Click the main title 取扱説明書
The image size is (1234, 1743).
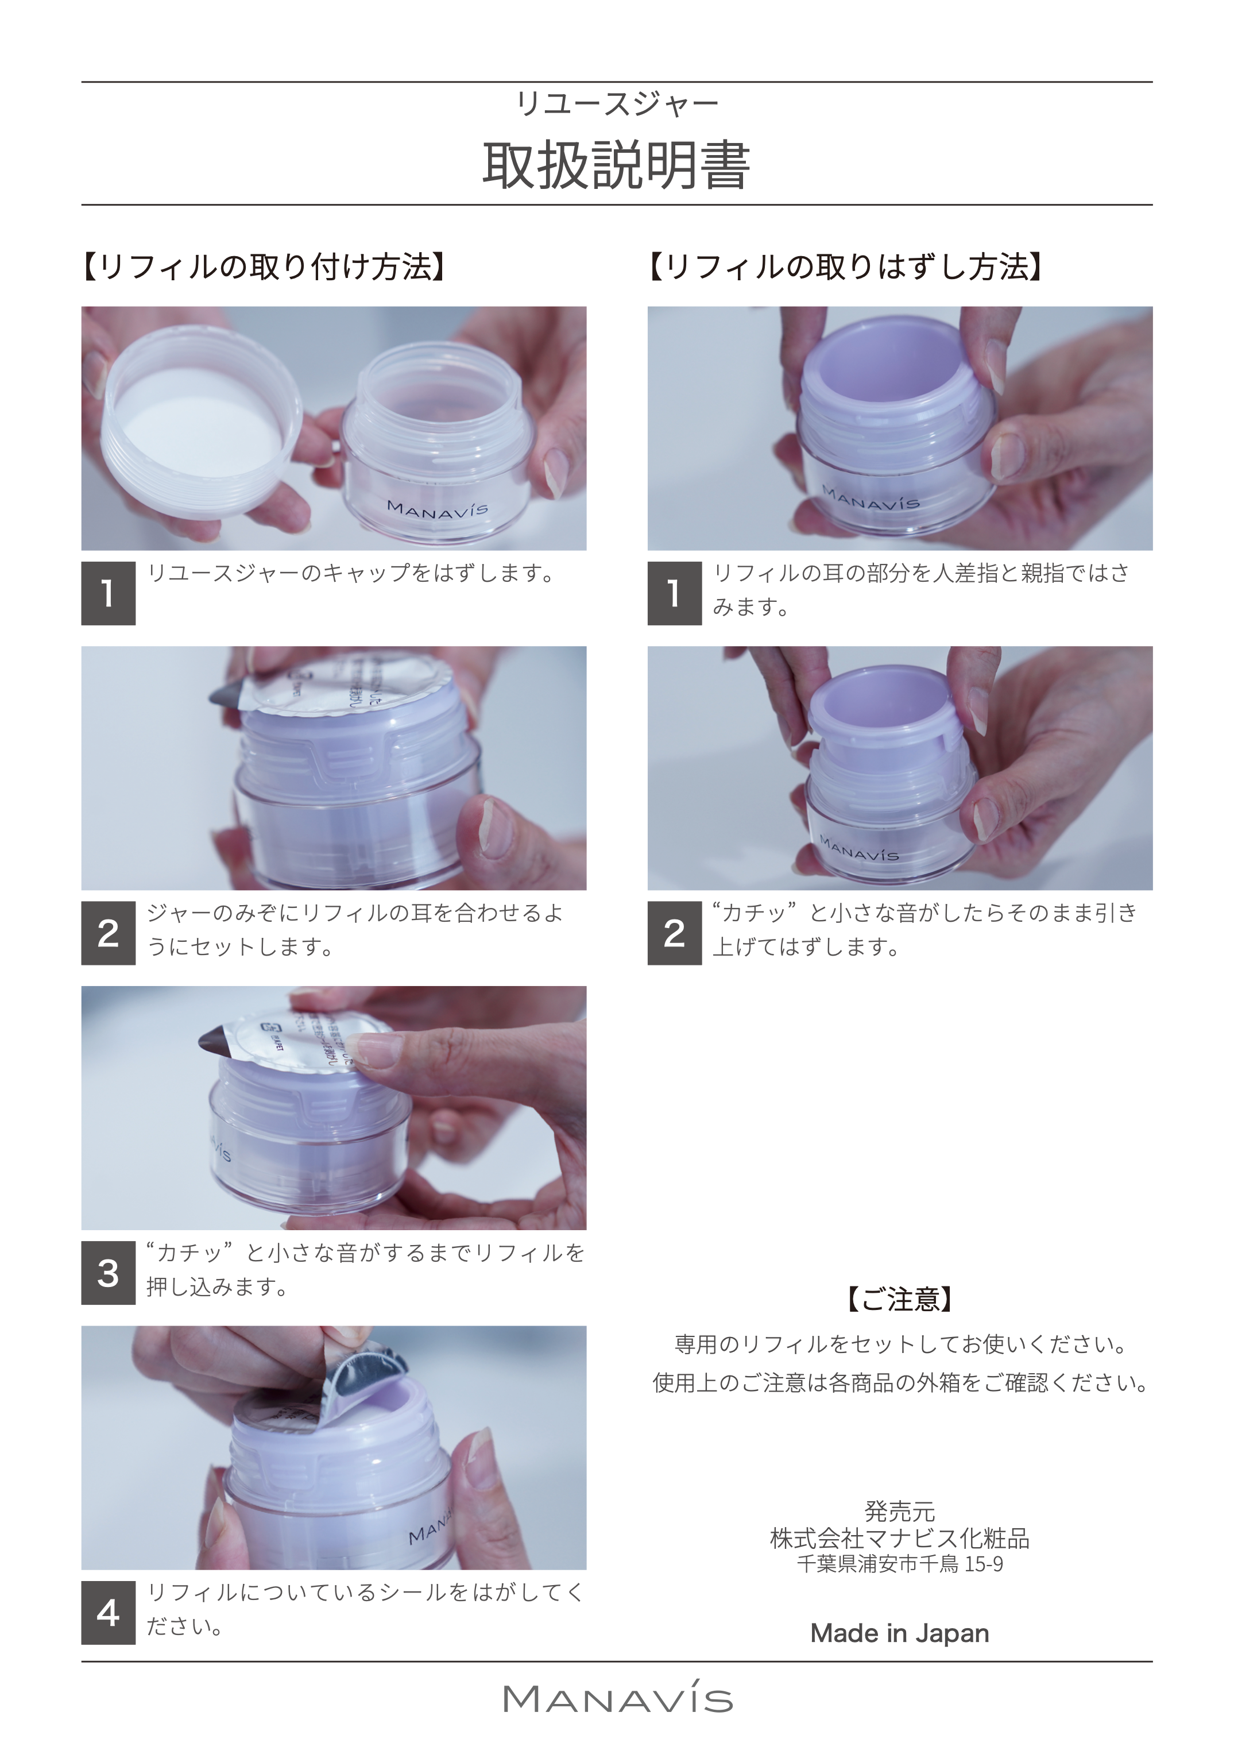[616, 165]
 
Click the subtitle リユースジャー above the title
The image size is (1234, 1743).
[616, 104]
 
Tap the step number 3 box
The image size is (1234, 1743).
[108, 1273]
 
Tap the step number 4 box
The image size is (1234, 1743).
[108, 1612]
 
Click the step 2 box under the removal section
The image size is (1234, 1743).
[674, 933]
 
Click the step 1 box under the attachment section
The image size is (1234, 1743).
[108, 593]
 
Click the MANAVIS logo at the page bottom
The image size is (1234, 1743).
[617, 1700]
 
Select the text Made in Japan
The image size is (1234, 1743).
[900, 1633]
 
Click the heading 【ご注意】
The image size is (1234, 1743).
[900, 1299]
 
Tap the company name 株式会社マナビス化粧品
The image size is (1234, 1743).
[900, 1539]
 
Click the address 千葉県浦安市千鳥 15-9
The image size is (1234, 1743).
[900, 1564]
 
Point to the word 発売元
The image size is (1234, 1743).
[900, 1512]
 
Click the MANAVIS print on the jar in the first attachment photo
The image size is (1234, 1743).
[438, 509]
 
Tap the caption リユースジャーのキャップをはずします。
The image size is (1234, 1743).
[351, 573]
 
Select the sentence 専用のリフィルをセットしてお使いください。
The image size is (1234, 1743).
[900, 1345]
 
